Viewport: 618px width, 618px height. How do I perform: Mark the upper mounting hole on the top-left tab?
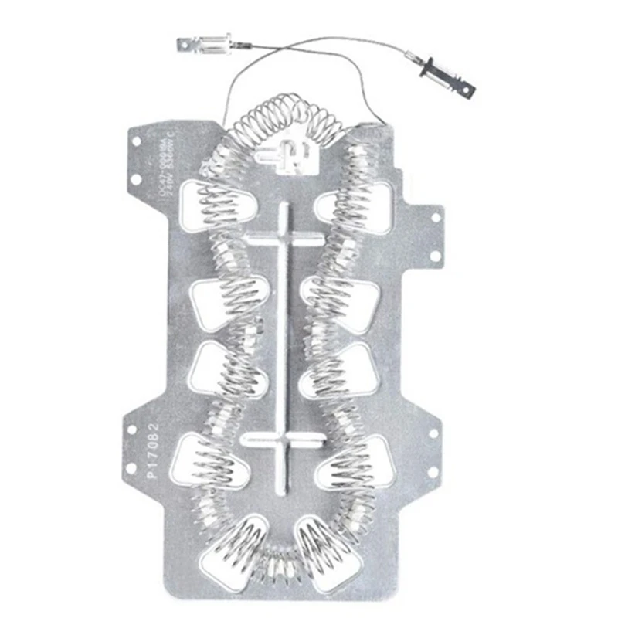(135, 142)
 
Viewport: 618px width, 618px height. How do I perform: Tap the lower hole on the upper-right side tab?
(434, 255)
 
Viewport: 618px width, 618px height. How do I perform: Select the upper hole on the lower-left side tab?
(132, 428)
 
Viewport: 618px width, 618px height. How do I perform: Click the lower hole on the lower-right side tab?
(433, 470)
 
